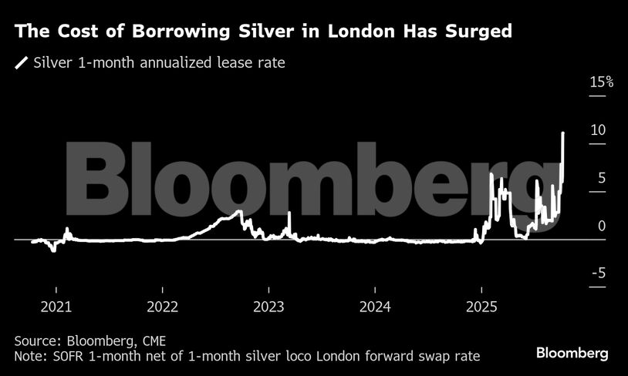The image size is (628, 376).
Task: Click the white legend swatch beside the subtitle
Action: click(x=21, y=62)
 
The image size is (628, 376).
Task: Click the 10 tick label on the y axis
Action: click(x=597, y=130)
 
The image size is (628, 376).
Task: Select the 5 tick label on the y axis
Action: click(x=601, y=178)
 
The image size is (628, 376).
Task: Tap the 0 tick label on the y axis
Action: click(x=601, y=226)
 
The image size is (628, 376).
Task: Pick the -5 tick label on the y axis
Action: click(x=598, y=274)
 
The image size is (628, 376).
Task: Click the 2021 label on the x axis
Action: click(x=56, y=306)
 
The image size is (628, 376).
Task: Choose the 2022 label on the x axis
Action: click(x=163, y=306)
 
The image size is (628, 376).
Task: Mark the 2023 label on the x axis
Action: click(x=268, y=306)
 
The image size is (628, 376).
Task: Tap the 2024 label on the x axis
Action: click(x=374, y=306)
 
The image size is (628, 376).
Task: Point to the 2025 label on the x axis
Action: click(x=481, y=306)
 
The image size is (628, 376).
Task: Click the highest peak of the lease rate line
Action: click(x=563, y=133)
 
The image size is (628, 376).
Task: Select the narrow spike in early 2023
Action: click(x=289, y=213)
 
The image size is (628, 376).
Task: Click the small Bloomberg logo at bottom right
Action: click(x=572, y=353)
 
